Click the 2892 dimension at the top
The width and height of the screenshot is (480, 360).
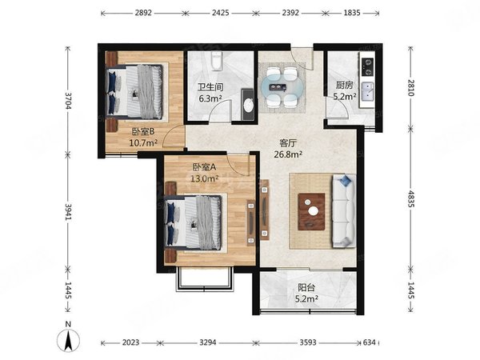click(143, 13)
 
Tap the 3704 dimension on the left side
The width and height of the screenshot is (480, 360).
click(68, 101)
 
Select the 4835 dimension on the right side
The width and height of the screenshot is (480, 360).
click(410, 199)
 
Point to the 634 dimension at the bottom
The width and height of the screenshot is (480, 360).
click(369, 342)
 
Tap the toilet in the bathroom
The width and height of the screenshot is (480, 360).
click(217, 61)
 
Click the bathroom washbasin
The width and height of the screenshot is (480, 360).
click(248, 105)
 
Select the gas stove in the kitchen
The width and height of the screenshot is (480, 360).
click(367, 67)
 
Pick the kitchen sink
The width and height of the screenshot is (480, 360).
click(367, 92)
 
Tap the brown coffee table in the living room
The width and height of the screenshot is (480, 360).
click(312, 211)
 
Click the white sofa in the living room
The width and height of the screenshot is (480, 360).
click(344, 211)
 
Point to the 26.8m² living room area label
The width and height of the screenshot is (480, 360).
click(288, 154)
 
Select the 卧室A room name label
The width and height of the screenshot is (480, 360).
click(204, 167)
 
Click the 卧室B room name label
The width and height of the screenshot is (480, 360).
click(143, 132)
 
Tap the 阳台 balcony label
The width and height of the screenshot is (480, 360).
click(306, 287)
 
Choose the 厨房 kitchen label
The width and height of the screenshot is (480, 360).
click(344, 85)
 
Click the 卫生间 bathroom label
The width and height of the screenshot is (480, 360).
click(210, 87)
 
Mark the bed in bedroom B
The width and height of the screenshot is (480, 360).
click(134, 91)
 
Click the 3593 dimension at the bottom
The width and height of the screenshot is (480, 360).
click(308, 342)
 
